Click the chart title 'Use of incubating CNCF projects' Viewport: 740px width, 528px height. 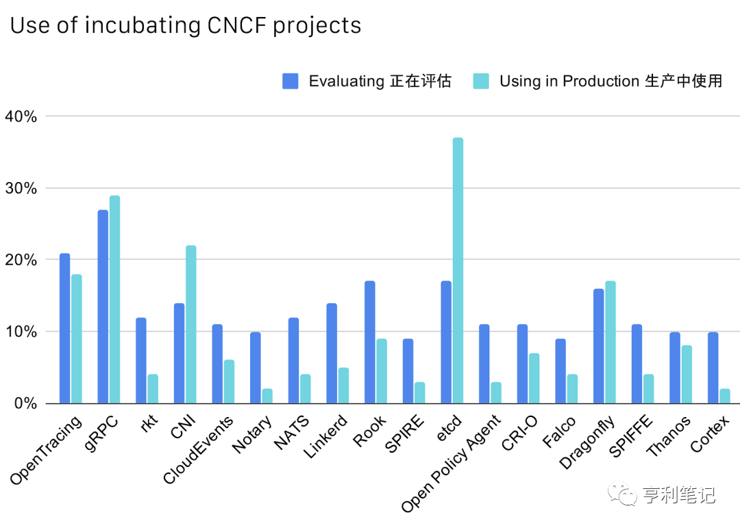[x=185, y=25]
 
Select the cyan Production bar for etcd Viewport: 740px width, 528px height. [x=458, y=271]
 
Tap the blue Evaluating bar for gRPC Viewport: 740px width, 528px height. [x=103, y=306]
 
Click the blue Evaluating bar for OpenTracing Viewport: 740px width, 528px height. [x=64, y=328]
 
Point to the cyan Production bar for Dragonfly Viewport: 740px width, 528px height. [x=610, y=342]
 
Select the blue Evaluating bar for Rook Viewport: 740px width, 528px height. [x=370, y=342]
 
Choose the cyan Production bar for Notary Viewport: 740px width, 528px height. [x=267, y=396]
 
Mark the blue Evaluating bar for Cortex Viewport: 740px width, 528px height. [x=713, y=367]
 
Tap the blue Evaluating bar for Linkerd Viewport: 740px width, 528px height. [x=332, y=353]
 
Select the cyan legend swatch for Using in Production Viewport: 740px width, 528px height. [x=481, y=81]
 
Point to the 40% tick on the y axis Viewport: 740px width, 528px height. [x=21, y=116]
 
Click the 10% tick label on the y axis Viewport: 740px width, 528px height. [x=21, y=331]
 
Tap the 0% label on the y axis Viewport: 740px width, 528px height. [x=25, y=403]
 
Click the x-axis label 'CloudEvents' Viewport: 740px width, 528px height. [x=199, y=449]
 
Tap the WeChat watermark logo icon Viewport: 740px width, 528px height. [x=626, y=494]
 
